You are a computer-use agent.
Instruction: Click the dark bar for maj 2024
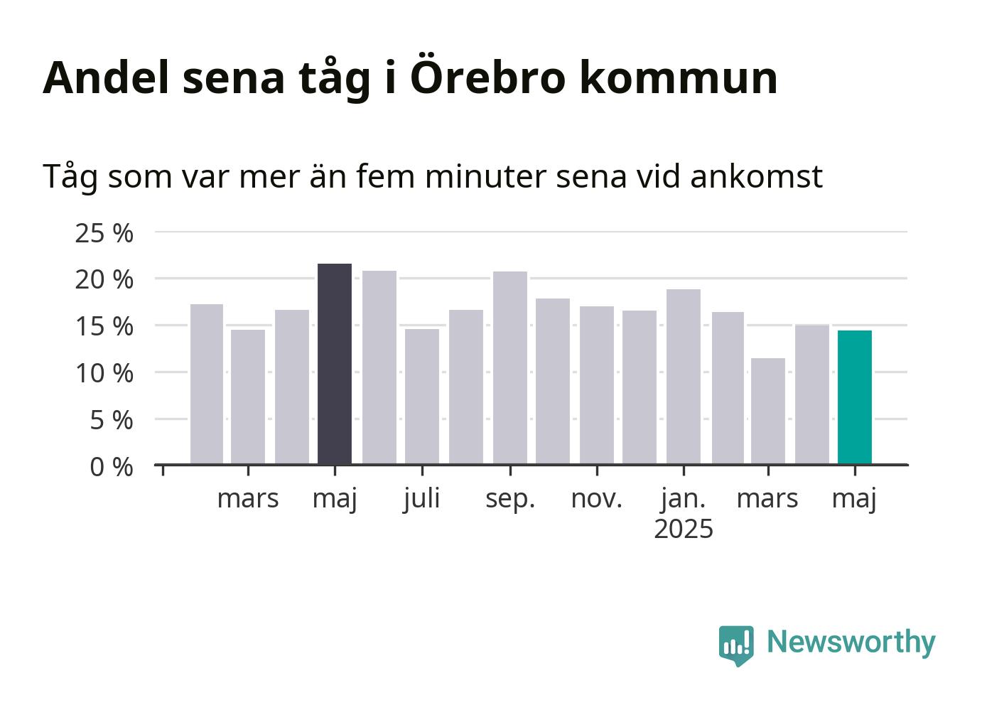tap(335, 364)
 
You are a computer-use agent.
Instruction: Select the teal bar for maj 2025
tap(854, 397)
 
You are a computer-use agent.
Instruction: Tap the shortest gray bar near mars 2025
tap(768, 412)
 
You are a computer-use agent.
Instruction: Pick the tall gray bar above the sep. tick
tap(510, 368)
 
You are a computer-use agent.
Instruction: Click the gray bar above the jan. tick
tap(684, 377)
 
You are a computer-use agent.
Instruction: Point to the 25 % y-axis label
tap(104, 233)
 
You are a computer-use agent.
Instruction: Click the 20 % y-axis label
tap(104, 280)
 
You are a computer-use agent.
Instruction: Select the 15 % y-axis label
tap(104, 327)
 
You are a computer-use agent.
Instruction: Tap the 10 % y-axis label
tap(104, 374)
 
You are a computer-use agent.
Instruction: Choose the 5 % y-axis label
tap(112, 421)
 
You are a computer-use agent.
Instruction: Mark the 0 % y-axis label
tap(112, 467)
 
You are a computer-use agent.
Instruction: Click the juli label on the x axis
tap(422, 500)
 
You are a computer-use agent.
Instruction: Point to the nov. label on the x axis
tap(597, 500)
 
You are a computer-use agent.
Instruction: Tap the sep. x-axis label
tap(510, 500)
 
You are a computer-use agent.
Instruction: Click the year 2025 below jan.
tap(684, 529)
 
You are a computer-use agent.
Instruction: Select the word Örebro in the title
tap(487, 75)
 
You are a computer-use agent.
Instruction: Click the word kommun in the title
tap(679, 77)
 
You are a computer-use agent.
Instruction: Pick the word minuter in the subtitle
tap(486, 176)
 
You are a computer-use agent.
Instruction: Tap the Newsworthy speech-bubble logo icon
tap(736, 645)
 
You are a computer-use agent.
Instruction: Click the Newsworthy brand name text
tap(851, 643)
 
